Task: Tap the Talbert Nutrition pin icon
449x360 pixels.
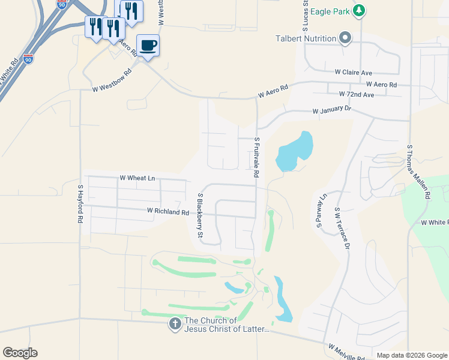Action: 345,38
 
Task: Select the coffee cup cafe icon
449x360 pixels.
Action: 148,45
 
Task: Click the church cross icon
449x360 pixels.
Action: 175,324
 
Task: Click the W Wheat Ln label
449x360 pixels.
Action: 137,178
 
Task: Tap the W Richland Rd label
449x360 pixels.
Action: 168,211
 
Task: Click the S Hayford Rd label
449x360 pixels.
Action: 79,204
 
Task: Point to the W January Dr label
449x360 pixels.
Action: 331,110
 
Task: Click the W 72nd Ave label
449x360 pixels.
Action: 356,94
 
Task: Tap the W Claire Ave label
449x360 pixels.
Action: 354,72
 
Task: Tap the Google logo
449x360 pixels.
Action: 20,353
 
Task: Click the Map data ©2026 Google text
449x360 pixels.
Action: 411,355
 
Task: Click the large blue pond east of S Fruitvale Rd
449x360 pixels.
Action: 296,151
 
